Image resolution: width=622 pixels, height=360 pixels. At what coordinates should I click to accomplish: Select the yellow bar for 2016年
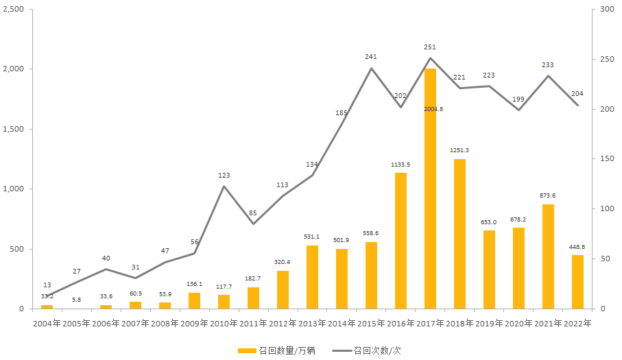[400, 241]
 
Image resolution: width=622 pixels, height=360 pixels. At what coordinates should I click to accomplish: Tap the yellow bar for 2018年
[459, 234]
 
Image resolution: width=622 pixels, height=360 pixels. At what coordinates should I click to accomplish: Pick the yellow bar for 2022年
[577, 282]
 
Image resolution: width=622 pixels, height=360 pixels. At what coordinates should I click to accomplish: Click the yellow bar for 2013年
[312, 277]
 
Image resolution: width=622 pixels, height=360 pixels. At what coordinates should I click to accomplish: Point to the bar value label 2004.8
[433, 109]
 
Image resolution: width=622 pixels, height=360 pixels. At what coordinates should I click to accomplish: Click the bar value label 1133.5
[400, 165]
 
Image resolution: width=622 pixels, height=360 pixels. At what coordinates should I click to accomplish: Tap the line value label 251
[430, 47]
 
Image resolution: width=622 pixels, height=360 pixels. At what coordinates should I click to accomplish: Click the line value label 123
[224, 176]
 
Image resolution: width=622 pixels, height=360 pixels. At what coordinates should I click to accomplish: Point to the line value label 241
[371, 57]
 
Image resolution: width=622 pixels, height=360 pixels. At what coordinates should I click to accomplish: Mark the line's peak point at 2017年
[430, 58]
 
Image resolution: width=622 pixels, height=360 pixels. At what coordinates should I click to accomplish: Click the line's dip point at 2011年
[253, 224]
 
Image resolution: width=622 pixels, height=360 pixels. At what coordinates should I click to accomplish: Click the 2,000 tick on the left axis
[14, 69]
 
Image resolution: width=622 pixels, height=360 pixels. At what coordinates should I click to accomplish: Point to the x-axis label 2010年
[224, 323]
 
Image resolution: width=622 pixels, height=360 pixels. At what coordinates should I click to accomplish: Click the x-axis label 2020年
[518, 323]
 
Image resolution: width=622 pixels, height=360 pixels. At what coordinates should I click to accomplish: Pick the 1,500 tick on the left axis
[14, 129]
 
